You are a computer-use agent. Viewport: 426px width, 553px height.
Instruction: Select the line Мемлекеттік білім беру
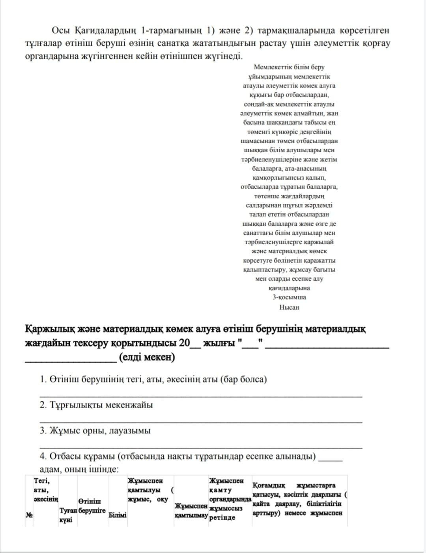(289, 67)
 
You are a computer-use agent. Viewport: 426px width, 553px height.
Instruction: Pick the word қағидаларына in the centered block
(289, 288)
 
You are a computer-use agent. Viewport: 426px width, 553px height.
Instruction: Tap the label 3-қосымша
(289, 297)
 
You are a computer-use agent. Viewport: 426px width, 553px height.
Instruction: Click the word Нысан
(289, 307)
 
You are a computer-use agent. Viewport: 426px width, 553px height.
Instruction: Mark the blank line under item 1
(201, 396)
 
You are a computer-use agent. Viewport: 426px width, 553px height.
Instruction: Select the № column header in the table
(29, 515)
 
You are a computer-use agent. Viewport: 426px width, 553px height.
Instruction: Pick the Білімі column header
(117, 515)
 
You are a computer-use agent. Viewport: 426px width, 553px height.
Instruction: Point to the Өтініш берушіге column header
(92, 506)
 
